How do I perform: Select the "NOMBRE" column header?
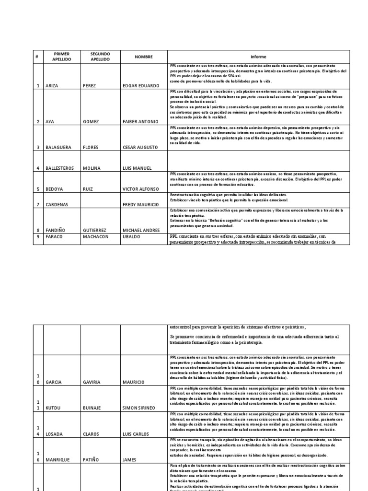(143, 57)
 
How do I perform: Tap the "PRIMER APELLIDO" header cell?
(62, 57)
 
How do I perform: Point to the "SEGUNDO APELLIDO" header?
(100, 57)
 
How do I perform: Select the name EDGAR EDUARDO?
(141, 86)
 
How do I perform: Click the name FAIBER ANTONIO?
(140, 122)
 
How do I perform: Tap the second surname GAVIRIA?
(94, 382)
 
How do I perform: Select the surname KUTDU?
(54, 408)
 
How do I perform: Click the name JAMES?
(130, 459)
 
